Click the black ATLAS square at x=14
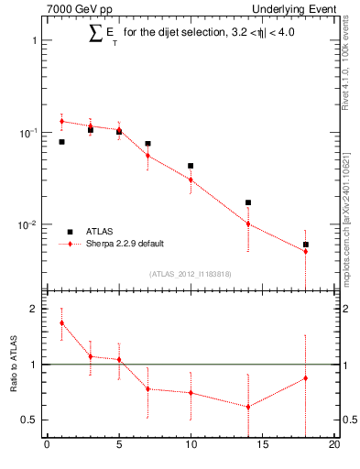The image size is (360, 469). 248,202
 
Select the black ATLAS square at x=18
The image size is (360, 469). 306,245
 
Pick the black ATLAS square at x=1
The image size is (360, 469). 61,142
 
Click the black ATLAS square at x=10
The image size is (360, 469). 191,166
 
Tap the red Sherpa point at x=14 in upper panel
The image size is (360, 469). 248,224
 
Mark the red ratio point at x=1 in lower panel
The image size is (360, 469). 61,322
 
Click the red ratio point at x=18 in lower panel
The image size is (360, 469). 306,377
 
